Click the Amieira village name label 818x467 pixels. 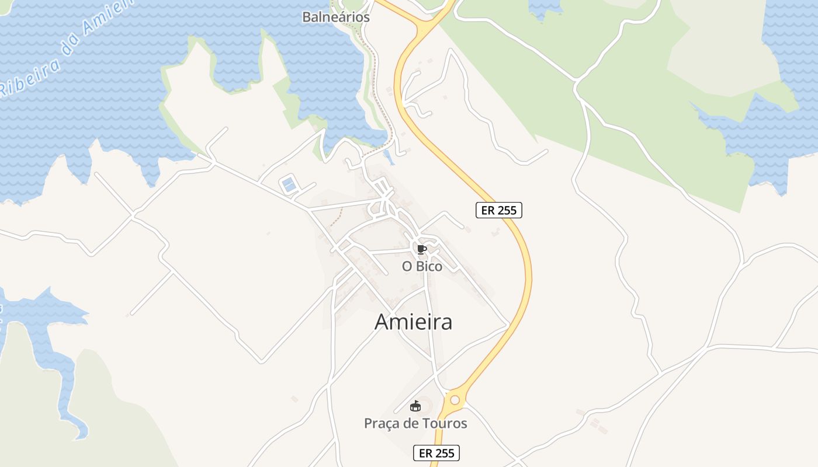413,322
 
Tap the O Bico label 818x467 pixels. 422,266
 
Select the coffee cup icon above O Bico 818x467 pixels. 422,250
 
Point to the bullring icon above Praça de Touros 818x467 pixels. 415,406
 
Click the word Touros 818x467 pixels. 446,423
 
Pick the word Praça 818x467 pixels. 383,423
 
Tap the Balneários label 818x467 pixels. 336,17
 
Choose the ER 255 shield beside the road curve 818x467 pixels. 498,210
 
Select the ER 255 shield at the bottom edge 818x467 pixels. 436,452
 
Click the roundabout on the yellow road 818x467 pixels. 455,400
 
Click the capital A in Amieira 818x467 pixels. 382,322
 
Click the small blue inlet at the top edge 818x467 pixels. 545,7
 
